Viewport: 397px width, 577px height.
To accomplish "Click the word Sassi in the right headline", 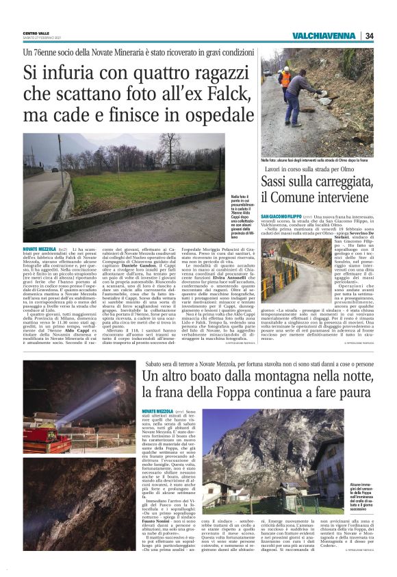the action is click(278, 184).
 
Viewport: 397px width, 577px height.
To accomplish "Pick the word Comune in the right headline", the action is click(300, 199).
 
